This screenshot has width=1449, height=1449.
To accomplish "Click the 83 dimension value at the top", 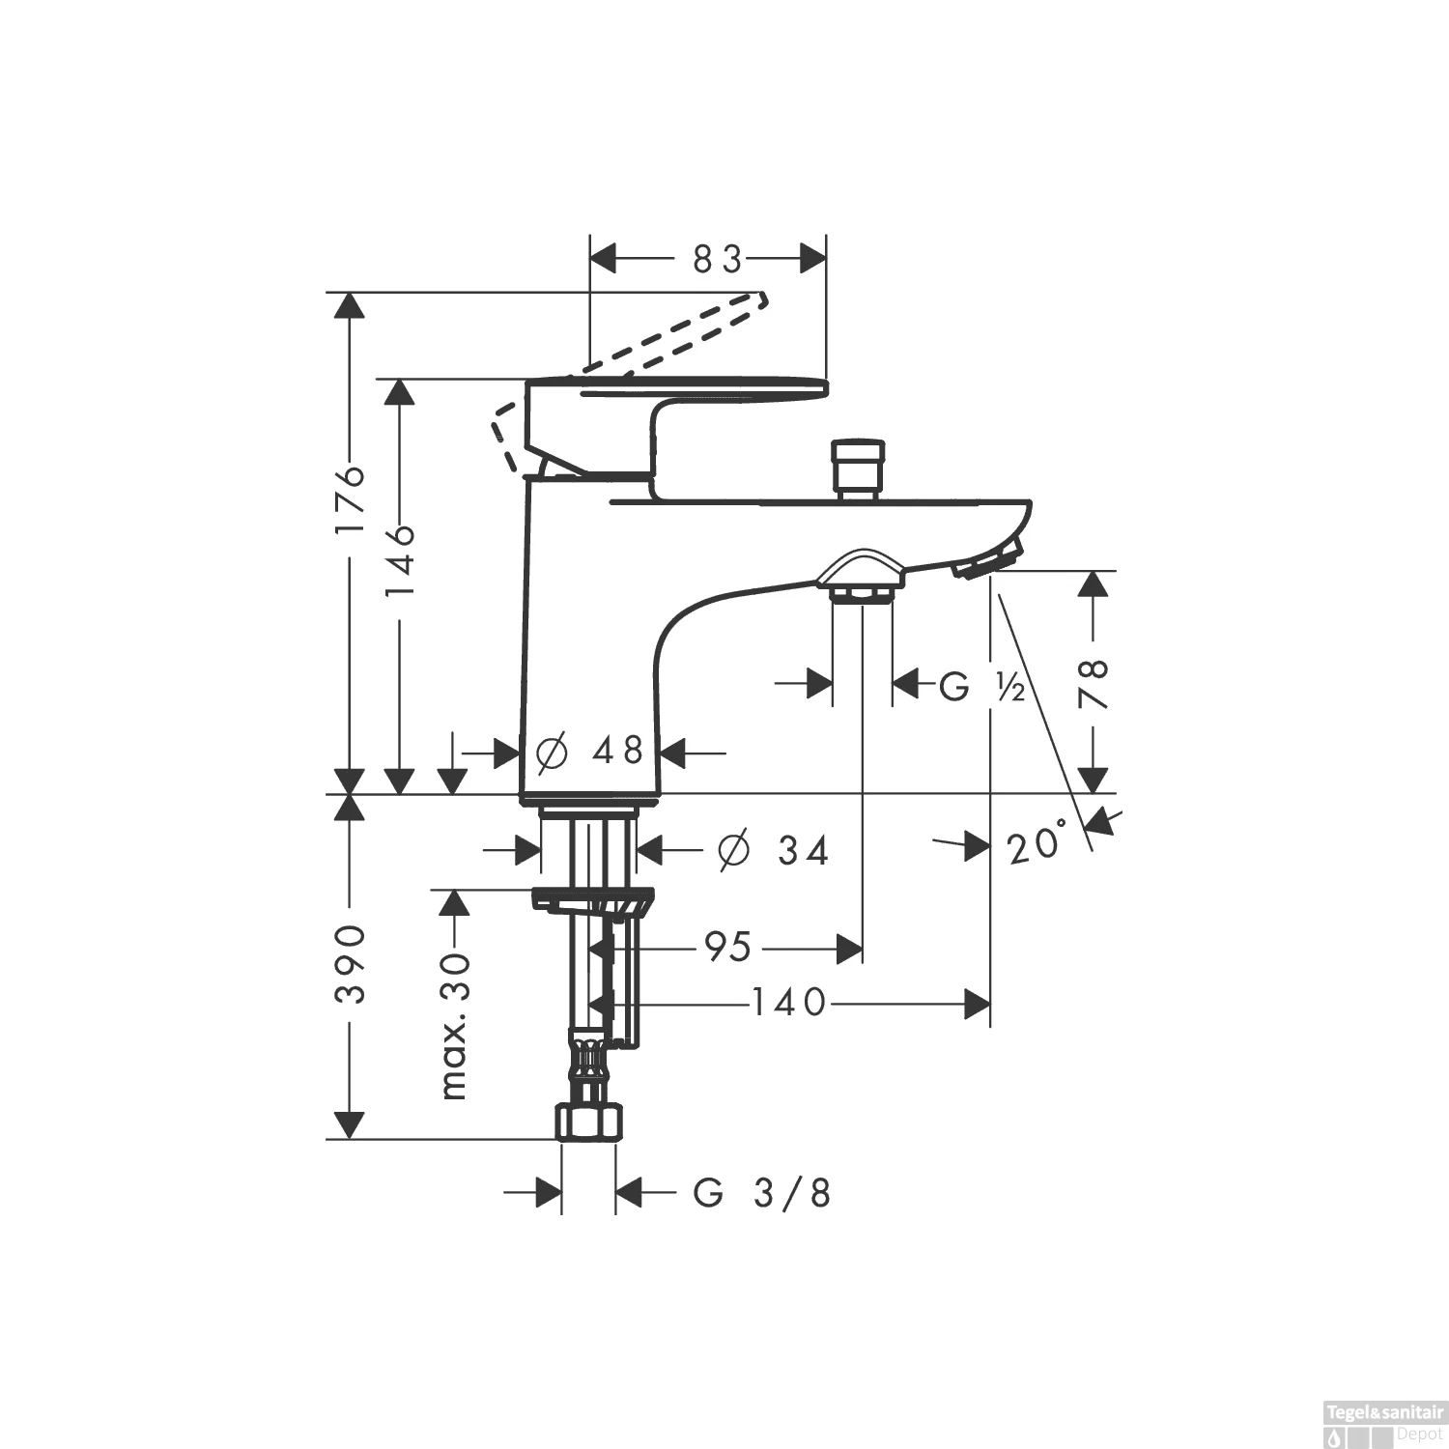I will [x=717, y=260].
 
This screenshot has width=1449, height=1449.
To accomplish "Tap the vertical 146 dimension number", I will [x=399, y=560].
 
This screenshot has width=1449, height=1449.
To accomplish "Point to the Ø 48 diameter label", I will [x=589, y=751].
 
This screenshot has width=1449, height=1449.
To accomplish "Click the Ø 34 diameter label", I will [x=774, y=851].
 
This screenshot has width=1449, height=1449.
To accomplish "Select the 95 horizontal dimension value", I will [x=727, y=948].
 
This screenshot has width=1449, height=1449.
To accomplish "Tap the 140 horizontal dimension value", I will [x=789, y=1004].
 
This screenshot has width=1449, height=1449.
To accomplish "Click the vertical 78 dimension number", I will [x=1094, y=684].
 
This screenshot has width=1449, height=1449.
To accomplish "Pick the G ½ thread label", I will [x=981, y=687].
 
